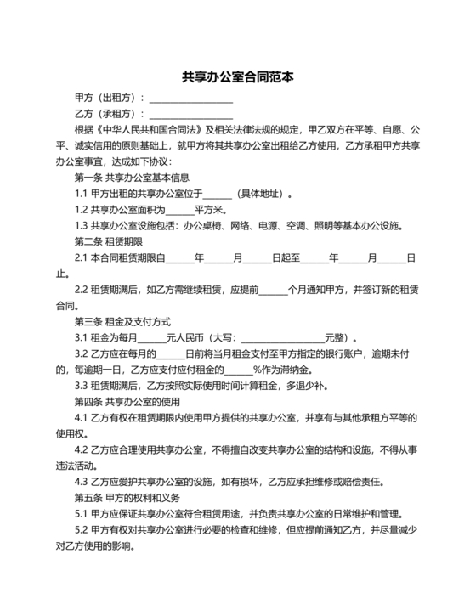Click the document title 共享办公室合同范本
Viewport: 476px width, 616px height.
pos(238,76)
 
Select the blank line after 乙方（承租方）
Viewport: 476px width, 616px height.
pos(191,114)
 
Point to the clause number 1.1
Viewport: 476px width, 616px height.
pos(82,194)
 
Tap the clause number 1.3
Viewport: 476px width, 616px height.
pos(82,226)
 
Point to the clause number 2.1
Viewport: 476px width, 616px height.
pos(82,258)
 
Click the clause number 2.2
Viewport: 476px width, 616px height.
pos(82,291)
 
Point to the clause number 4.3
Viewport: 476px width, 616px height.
pos(82,481)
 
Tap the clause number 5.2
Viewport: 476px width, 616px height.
pos(82,529)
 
